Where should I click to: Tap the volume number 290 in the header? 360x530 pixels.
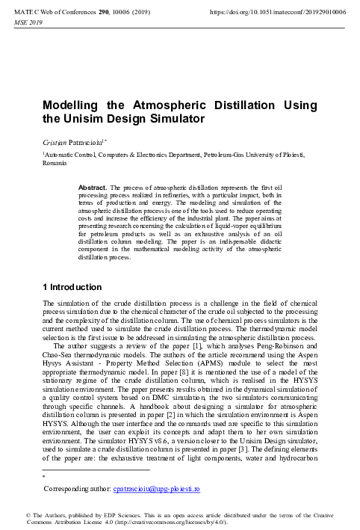point(102,13)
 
